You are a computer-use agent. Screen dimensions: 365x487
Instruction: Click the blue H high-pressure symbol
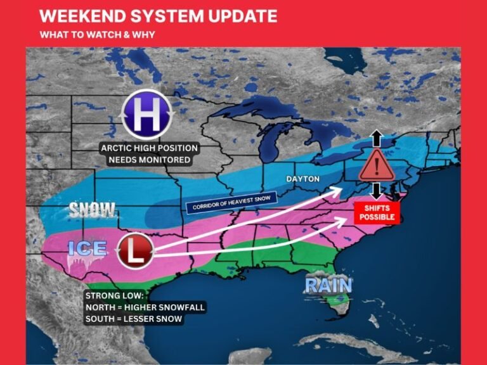(146, 115)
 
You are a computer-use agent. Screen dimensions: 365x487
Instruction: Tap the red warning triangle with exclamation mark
(377, 167)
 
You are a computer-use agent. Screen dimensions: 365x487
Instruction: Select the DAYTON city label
(302, 179)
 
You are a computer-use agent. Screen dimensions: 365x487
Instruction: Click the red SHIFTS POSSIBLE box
(377, 212)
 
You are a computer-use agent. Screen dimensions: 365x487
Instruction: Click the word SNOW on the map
(93, 210)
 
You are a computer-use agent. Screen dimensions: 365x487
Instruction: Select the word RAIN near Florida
(328, 285)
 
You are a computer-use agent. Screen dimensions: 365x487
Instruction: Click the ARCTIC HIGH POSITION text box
(149, 154)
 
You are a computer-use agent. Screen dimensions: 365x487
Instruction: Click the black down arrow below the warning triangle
(376, 191)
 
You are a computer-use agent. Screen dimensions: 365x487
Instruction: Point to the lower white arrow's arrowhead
(346, 220)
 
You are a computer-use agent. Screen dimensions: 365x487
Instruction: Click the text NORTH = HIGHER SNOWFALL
(145, 307)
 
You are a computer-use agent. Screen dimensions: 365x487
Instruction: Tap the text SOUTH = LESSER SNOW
(134, 319)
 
